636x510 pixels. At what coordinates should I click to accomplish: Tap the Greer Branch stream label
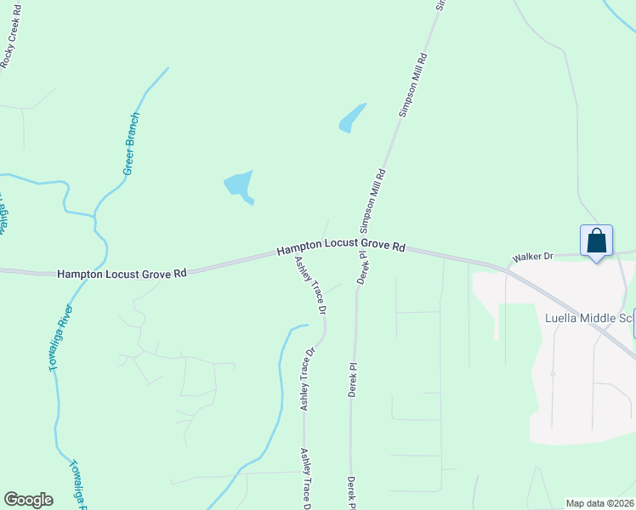(133, 144)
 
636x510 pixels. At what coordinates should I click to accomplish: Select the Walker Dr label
(532, 255)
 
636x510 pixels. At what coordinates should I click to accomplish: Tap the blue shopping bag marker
(597, 241)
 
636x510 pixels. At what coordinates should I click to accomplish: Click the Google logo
(28, 500)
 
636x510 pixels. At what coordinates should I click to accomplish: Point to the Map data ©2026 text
(599, 503)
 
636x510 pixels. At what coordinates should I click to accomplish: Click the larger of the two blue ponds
(239, 184)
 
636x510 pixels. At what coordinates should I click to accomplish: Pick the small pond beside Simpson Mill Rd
(352, 118)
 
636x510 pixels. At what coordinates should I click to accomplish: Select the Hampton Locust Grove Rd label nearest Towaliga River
(122, 274)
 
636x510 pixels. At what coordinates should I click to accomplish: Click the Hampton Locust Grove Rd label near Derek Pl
(340, 246)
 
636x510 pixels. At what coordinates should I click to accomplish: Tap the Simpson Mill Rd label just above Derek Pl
(374, 201)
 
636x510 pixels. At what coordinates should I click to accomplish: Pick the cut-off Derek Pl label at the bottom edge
(351, 493)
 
